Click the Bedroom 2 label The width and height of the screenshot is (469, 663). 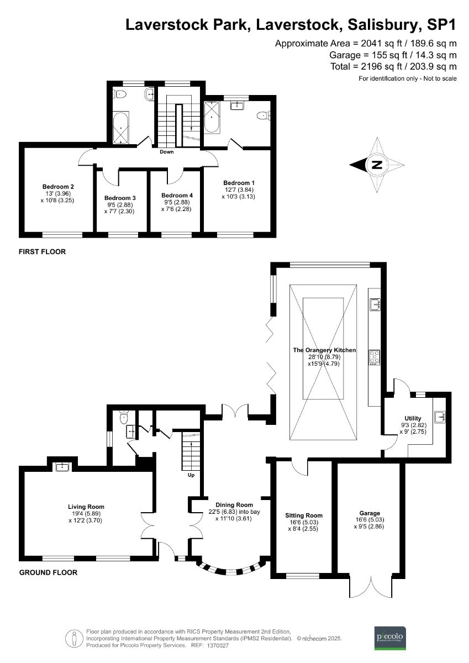(x=58, y=187)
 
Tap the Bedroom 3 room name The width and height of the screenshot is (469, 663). (x=120, y=198)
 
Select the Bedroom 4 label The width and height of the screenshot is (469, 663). (x=177, y=196)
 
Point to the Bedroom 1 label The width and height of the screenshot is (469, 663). (x=239, y=183)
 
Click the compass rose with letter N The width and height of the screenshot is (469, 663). (x=377, y=165)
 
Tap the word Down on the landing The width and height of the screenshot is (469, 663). (x=167, y=151)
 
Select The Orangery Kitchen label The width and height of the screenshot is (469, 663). (x=324, y=350)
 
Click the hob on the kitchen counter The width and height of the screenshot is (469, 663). (x=375, y=357)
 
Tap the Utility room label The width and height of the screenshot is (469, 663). (x=413, y=418)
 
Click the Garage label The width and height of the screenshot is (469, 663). (x=370, y=513)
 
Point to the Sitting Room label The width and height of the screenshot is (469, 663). (x=303, y=514)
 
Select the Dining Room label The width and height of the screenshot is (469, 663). (x=235, y=504)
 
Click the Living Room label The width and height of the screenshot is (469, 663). (x=86, y=507)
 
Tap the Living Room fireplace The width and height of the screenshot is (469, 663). (x=62, y=466)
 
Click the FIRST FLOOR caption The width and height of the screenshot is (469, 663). (x=42, y=252)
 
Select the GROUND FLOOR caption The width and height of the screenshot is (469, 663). (x=48, y=573)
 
